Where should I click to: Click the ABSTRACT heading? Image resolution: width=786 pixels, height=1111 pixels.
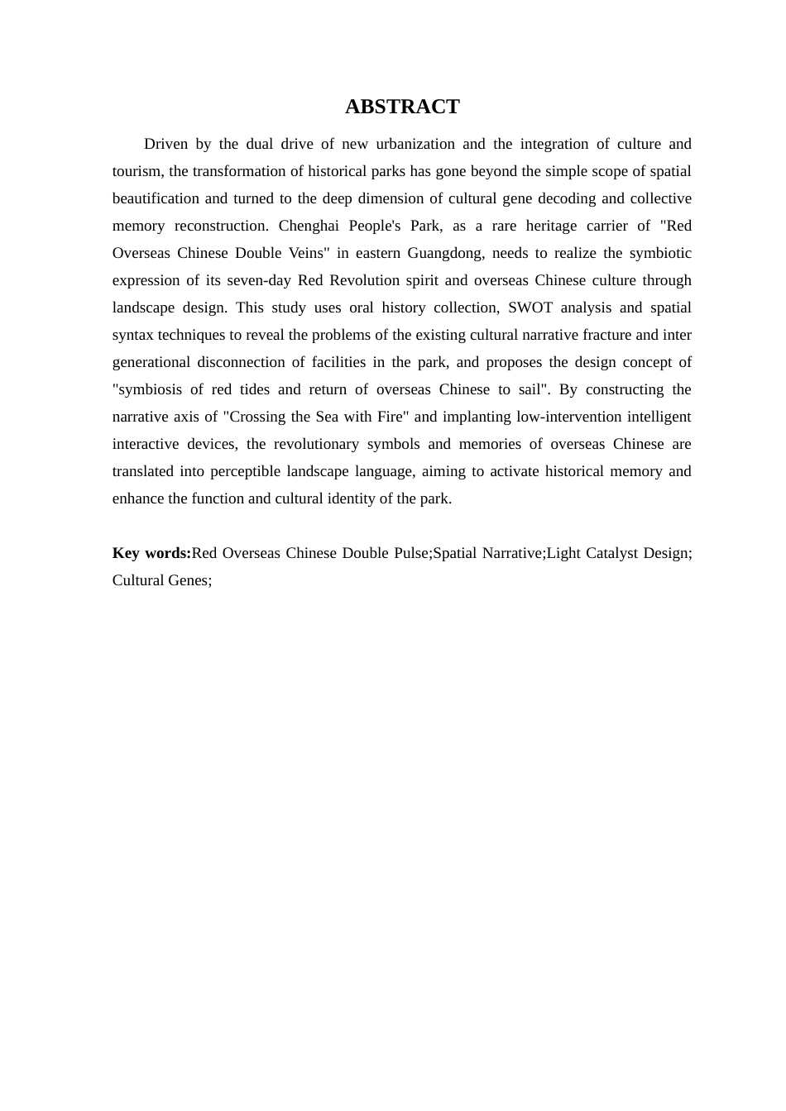point(402,107)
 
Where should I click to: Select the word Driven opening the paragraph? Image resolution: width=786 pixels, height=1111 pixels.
point(165,144)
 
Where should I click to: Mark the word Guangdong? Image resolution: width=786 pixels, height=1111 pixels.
point(445,253)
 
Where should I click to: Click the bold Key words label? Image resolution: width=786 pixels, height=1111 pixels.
point(151,553)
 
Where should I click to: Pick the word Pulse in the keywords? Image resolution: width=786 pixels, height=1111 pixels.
point(410,553)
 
